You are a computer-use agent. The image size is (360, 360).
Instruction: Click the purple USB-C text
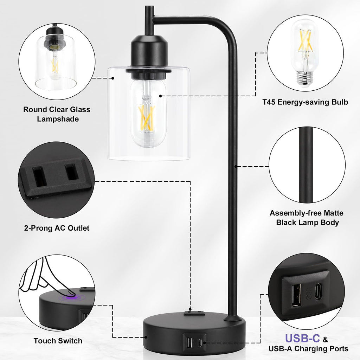(302, 338)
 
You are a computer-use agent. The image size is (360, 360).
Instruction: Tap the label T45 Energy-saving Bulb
(305, 102)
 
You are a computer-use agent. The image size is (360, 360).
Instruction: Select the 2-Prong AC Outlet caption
(57, 228)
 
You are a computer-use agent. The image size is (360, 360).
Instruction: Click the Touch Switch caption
(58, 341)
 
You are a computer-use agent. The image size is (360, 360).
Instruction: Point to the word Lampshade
(58, 119)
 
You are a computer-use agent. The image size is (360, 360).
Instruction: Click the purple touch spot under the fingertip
(71, 297)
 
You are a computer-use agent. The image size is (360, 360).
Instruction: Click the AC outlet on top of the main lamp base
(194, 313)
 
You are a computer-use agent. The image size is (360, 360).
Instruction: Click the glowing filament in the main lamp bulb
(147, 117)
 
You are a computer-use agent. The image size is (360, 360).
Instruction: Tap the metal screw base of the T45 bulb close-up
(305, 78)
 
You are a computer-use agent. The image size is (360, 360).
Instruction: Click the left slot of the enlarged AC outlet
(39, 176)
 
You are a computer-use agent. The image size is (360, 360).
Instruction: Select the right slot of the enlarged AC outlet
(71, 172)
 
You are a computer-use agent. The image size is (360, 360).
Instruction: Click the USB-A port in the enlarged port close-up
(296, 295)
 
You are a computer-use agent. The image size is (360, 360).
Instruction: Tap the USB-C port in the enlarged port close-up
(318, 291)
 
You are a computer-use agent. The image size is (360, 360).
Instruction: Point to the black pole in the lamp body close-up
(306, 165)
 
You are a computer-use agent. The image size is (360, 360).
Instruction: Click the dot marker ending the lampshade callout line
(113, 78)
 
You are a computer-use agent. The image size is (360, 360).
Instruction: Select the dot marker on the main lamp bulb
(160, 96)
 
